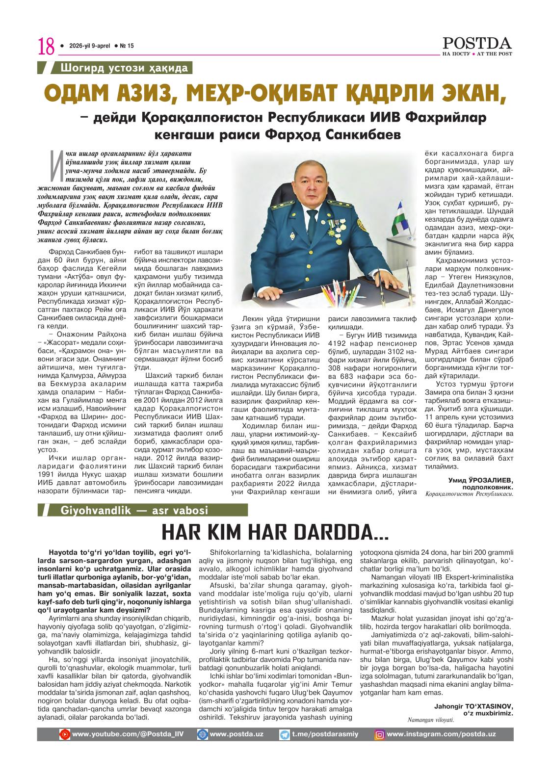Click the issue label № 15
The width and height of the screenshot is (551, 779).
click(x=127, y=46)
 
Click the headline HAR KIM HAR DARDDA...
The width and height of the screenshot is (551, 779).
click(x=275, y=532)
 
